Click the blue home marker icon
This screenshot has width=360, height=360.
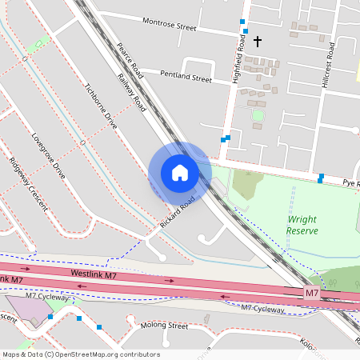click(x=180, y=172)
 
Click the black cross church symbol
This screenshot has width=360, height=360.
click(x=258, y=40)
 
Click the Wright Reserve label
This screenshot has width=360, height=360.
click(x=302, y=225)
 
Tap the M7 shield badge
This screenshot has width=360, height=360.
click(x=313, y=295)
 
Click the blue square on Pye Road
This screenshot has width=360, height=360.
click(x=321, y=177)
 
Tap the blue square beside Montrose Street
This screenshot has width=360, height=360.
click(x=242, y=22)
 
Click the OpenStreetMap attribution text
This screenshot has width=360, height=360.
click(x=81, y=354)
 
